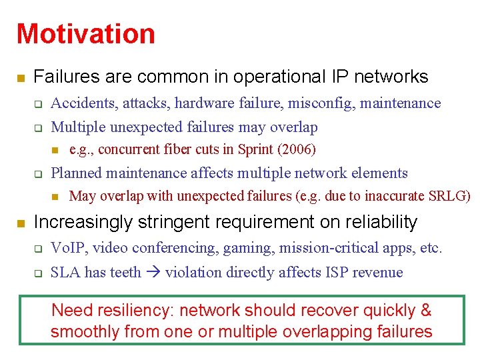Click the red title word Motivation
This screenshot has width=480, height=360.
tap(85, 34)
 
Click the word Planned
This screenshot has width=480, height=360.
tap(75, 173)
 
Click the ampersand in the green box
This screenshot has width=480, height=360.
tap(426, 311)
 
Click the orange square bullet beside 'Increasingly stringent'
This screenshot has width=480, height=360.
tap(21, 223)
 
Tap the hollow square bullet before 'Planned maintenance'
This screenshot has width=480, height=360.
tap(39, 175)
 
